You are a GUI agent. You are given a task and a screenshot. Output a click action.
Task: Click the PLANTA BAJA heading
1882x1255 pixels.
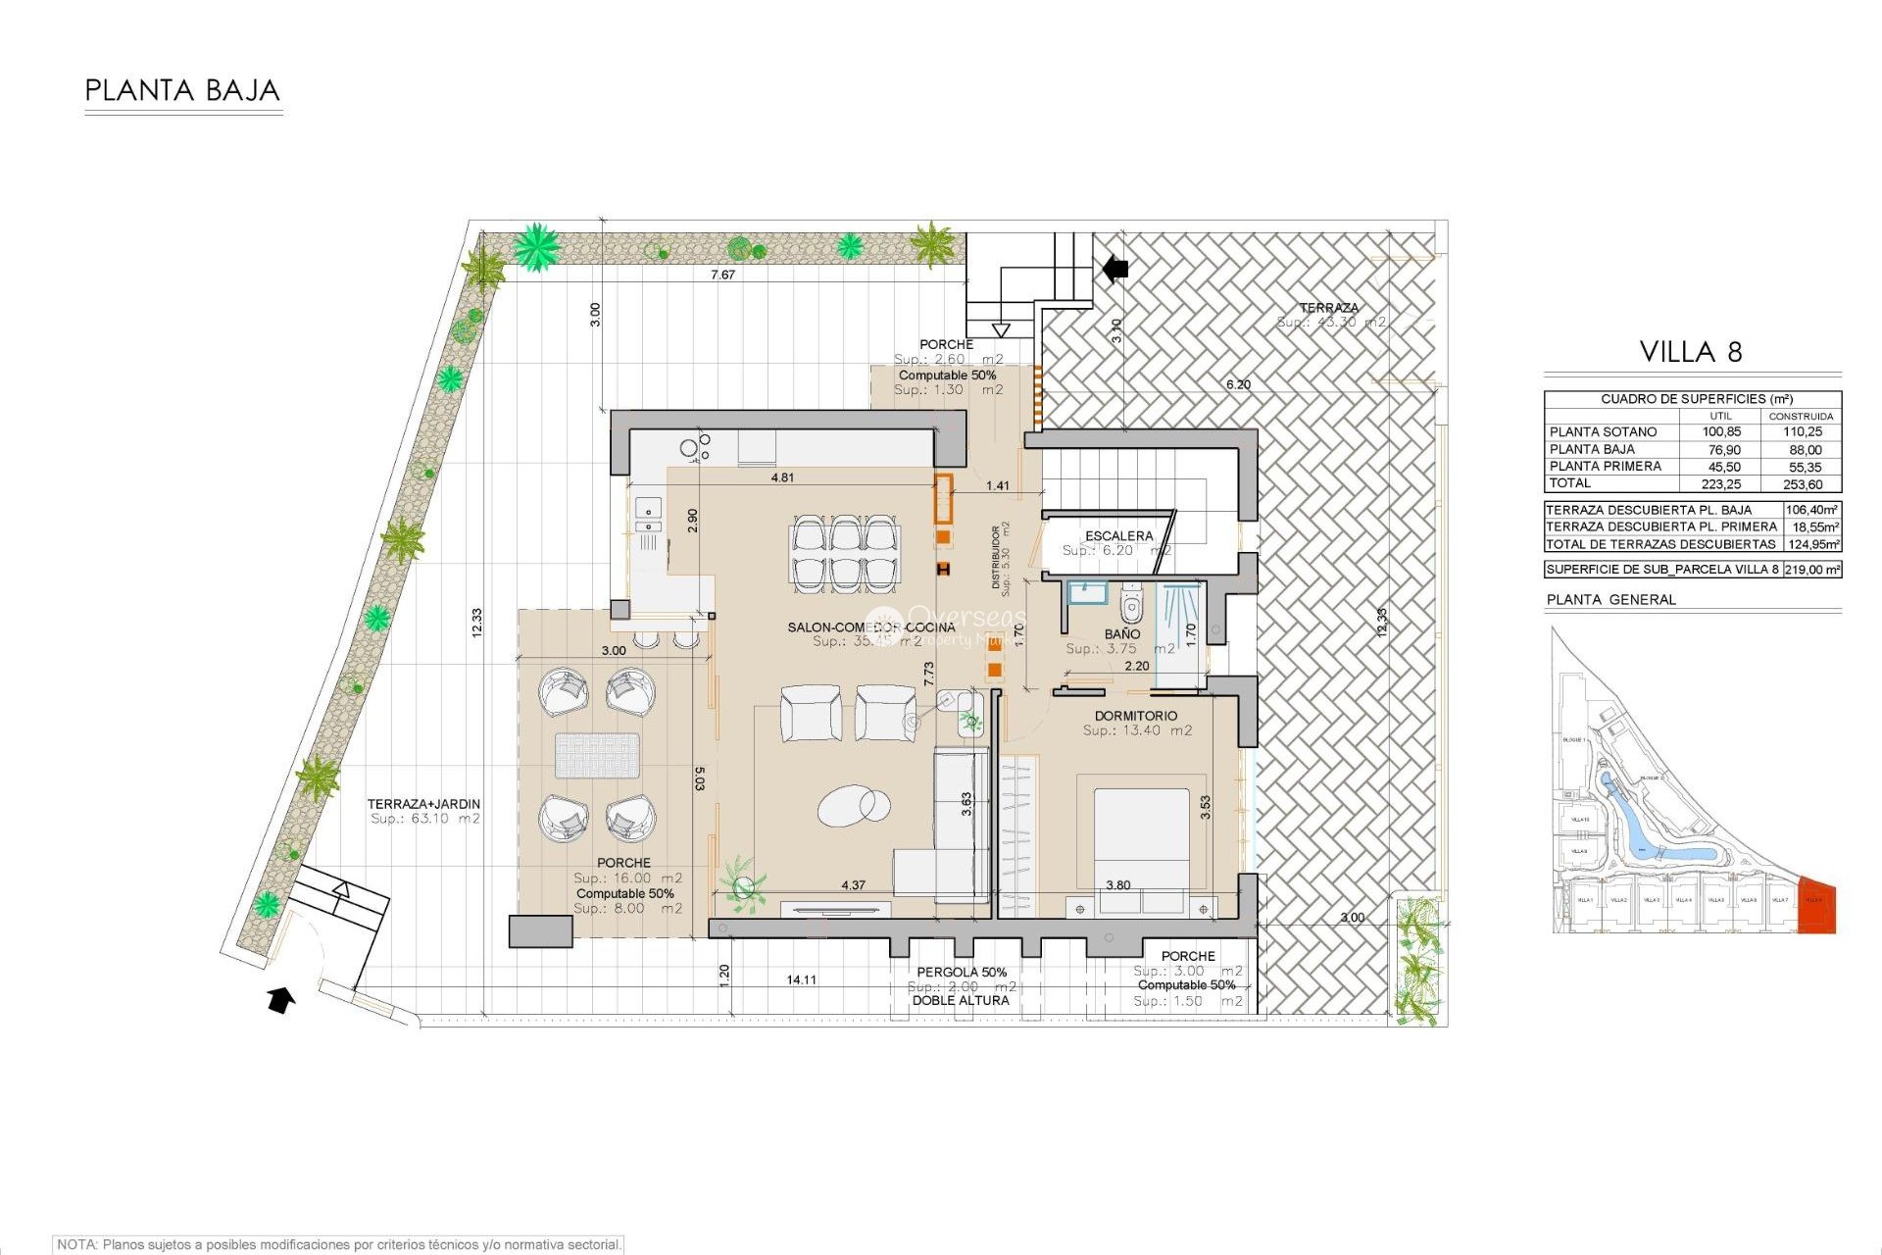[182, 91]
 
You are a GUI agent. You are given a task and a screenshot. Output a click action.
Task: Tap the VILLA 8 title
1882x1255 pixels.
[1691, 352]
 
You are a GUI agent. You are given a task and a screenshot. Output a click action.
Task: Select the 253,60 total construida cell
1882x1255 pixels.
[1802, 484]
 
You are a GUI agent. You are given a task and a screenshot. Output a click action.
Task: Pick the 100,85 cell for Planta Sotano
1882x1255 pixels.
[1721, 431]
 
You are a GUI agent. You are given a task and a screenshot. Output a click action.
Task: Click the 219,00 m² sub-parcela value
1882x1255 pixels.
[1811, 569]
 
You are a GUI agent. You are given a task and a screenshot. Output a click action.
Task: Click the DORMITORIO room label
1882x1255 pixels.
[1135, 716]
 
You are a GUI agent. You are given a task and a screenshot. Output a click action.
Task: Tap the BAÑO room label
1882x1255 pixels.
[1121, 634]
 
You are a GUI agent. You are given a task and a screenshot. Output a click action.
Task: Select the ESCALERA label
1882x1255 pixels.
[1118, 535]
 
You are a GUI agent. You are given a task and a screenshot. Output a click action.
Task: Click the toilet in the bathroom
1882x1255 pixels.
[1132, 604]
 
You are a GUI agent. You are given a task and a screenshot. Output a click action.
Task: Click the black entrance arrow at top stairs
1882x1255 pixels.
[1114, 268]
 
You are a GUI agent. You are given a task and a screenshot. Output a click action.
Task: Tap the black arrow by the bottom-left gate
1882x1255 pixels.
[280, 1000]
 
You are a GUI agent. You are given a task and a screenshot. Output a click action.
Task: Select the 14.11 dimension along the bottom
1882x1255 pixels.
[801, 979]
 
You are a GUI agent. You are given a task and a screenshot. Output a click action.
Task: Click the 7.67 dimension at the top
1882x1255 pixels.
[722, 275]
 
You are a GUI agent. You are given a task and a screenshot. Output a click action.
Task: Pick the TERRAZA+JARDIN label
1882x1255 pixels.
[423, 804]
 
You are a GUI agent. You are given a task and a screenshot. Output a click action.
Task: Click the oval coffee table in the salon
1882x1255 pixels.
[854, 806]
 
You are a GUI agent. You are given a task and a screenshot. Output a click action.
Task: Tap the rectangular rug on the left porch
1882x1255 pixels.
[597, 756]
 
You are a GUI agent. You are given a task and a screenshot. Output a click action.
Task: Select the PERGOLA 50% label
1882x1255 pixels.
[962, 972]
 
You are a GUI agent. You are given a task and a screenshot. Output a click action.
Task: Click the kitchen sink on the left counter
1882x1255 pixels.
[648, 508]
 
